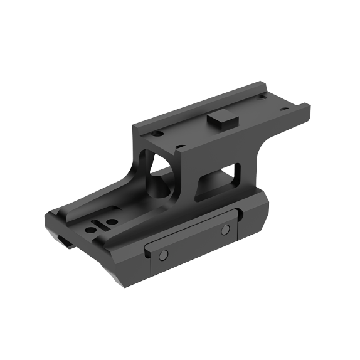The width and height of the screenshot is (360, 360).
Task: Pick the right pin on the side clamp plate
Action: [x=225, y=230]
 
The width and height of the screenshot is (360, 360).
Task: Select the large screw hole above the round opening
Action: [x=181, y=149]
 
